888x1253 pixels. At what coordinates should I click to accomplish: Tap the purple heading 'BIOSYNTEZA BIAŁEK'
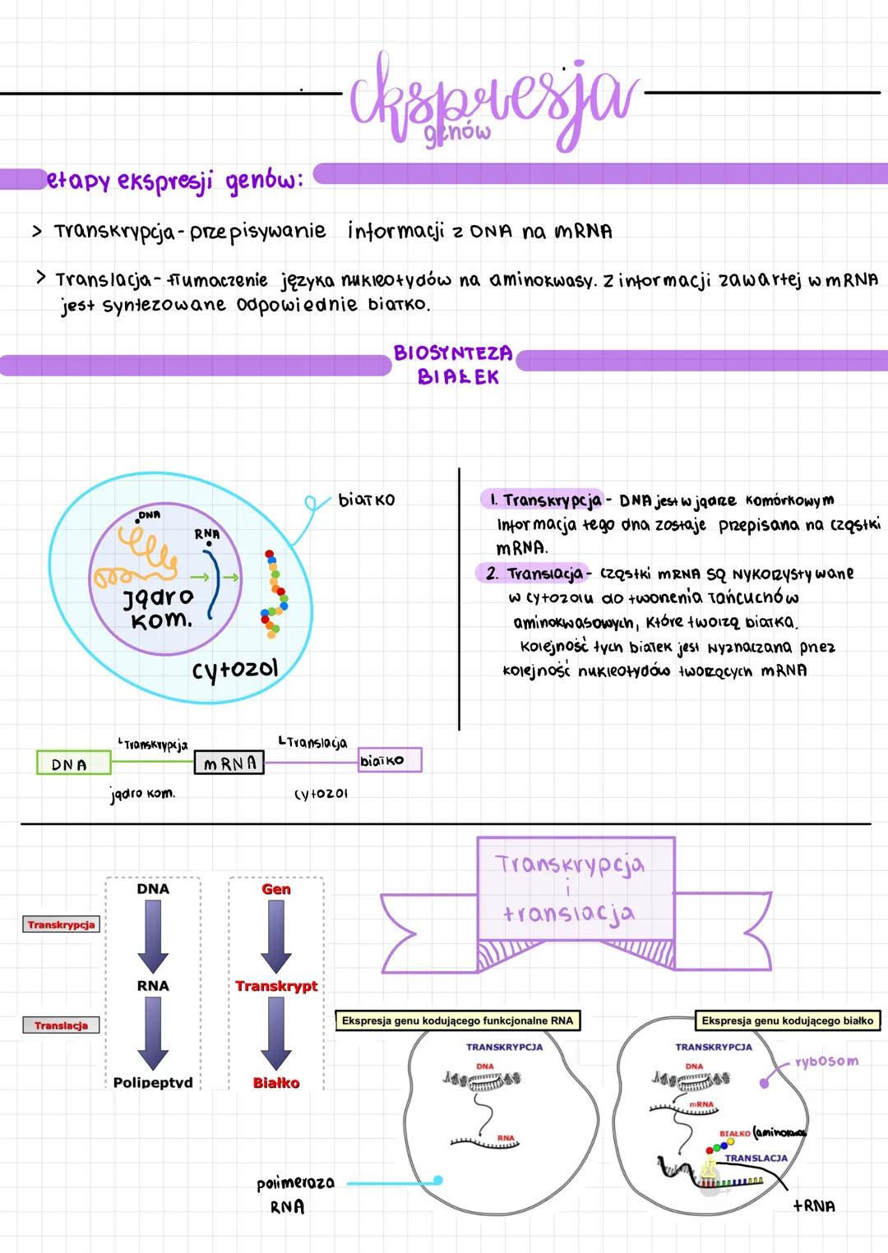click(x=455, y=365)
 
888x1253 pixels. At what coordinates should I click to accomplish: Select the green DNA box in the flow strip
click(x=73, y=763)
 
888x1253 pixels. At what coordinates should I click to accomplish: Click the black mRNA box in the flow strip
click(x=229, y=763)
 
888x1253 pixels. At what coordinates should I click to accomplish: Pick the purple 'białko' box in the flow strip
click(x=389, y=760)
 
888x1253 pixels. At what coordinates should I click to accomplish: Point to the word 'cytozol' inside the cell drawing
click(x=235, y=670)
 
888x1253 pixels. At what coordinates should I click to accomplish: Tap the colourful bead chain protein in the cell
click(x=273, y=596)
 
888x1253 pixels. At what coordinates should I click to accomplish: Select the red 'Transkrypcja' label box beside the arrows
click(x=61, y=924)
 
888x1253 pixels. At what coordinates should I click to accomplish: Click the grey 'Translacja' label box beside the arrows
click(x=61, y=1025)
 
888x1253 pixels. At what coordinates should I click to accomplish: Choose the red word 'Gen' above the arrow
click(x=276, y=889)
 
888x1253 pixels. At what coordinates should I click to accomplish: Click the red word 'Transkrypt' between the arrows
click(x=276, y=986)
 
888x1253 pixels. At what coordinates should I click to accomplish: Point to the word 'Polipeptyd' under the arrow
click(x=153, y=1082)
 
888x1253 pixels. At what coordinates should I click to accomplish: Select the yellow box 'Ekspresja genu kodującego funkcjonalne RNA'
click(x=457, y=1020)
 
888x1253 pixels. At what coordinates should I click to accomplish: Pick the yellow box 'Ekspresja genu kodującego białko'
click(x=787, y=1020)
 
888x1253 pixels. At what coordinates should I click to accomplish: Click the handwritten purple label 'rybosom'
click(x=826, y=1062)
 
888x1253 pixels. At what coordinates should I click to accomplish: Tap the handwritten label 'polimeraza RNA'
click(x=294, y=1194)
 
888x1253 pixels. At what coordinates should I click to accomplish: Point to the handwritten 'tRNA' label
click(x=814, y=1206)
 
